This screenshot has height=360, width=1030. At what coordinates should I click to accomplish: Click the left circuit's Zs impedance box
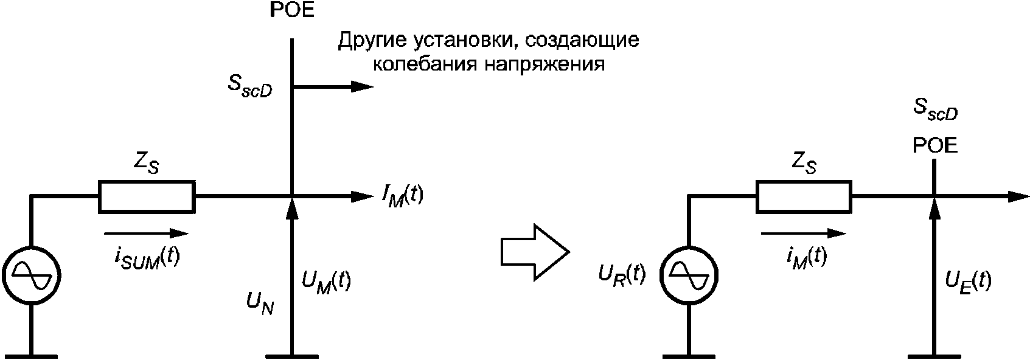click(147, 196)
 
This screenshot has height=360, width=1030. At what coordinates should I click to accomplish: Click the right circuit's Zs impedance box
click(804, 196)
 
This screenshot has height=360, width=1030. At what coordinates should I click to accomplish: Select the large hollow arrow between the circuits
click(534, 251)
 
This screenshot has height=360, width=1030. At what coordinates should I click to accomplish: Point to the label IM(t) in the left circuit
click(402, 196)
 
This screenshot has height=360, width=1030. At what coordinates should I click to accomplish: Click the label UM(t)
click(326, 282)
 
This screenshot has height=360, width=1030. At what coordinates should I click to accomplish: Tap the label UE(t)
click(967, 281)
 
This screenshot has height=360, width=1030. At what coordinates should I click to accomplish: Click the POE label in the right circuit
click(935, 145)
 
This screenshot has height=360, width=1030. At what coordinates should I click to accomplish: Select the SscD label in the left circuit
click(249, 88)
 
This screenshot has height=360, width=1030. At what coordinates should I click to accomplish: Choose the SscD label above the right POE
click(936, 109)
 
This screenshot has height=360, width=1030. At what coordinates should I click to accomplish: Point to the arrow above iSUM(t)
click(146, 234)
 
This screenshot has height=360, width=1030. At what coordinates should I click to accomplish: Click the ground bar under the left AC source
click(31, 355)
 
